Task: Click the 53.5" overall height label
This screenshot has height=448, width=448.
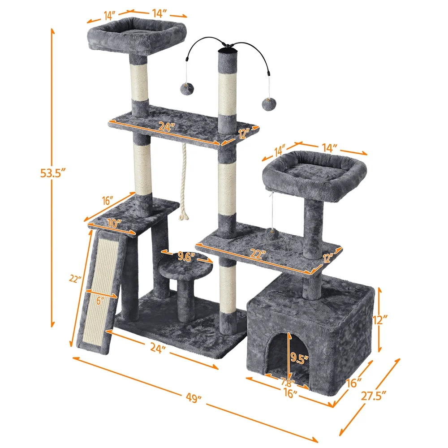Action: [53, 172]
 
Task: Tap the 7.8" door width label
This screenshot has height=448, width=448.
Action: [287, 383]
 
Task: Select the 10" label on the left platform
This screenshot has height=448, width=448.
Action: [114, 223]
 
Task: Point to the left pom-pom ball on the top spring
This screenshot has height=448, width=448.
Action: [184, 89]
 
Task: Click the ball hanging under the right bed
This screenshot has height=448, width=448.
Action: [271, 233]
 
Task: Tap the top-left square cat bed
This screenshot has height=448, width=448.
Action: [137, 36]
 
